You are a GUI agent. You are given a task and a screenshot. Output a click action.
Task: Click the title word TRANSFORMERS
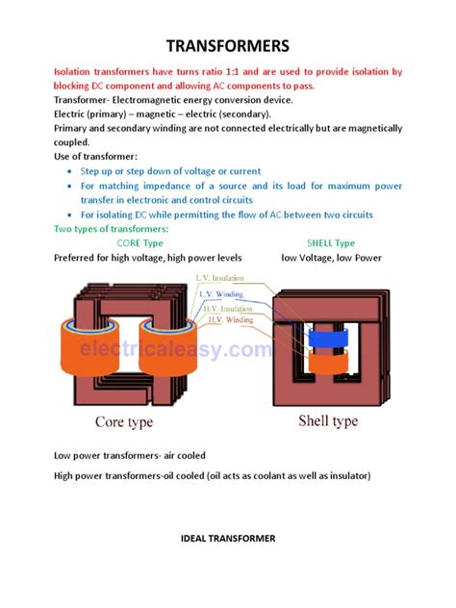pos(228,46)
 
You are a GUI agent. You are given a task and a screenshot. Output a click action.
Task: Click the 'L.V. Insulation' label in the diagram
pos(218,279)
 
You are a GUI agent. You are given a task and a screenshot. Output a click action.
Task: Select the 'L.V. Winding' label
pos(216,293)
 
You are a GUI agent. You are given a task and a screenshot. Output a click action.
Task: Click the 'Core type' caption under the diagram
pos(133,421)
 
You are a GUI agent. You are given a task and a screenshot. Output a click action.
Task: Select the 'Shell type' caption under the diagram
pos(328,421)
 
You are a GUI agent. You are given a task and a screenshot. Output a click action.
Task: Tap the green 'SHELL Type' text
pos(331,243)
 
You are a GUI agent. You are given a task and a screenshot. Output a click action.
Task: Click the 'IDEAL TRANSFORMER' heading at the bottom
pos(227,538)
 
